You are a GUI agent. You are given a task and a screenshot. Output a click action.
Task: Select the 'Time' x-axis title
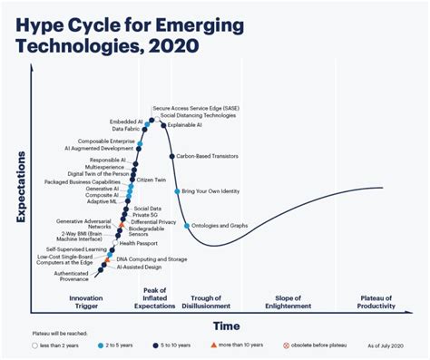[x=227, y=326]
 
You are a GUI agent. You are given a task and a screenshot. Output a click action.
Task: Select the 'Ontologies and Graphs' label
[x=219, y=226]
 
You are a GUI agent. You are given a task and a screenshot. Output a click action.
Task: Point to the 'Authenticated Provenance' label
[x=71, y=276]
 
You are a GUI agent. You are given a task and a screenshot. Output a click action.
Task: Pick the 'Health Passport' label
[x=139, y=243]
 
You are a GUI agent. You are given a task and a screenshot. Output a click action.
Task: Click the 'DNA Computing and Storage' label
[x=151, y=259]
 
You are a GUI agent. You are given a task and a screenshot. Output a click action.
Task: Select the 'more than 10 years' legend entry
[x=242, y=345]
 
